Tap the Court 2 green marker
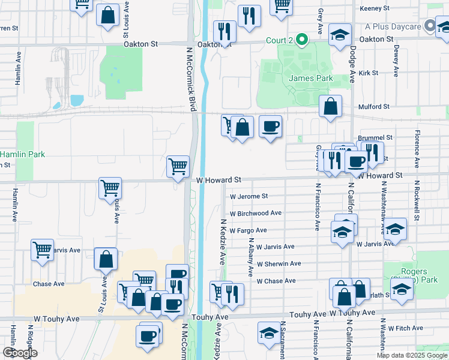303,41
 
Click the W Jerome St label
249,196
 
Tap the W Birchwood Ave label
256,213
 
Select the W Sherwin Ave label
279,263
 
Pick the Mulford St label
374,107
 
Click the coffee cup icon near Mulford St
270,127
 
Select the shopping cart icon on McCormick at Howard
178,166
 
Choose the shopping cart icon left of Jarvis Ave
43,249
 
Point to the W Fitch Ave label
407,328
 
